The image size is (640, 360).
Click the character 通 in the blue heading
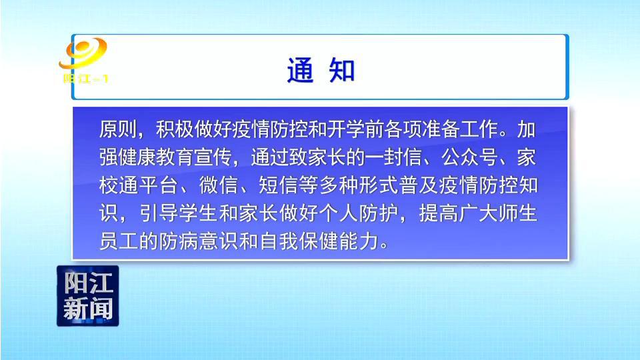[301, 70]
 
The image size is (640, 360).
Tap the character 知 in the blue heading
[342, 70]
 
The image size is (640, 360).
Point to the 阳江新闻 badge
[88, 296]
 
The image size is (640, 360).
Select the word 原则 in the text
[118, 129]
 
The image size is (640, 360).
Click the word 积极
[175, 129]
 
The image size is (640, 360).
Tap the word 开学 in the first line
[345, 129]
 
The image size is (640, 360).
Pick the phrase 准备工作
[459, 129]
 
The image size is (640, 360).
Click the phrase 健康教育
[156, 157]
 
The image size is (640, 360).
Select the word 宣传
[213, 157]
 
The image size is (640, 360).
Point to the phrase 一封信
[393, 157]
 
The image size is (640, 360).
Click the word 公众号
[469, 157]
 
